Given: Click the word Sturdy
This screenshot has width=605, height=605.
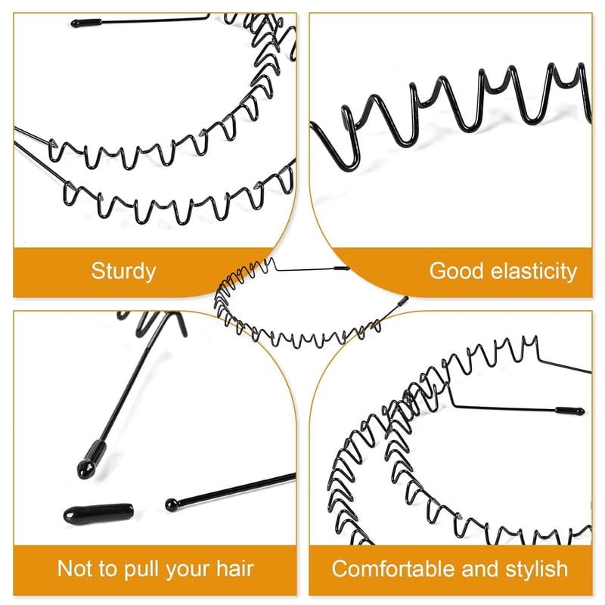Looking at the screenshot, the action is coord(123,271).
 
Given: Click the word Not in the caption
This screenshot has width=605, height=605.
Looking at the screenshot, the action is coord(74,569).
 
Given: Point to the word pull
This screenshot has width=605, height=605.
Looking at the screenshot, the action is coord(141,569).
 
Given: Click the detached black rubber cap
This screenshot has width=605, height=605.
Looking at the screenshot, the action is coord(99,513).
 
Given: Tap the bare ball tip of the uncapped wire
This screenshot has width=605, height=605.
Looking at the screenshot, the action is coord(172,504).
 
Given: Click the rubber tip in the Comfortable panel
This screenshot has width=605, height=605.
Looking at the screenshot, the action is coord(570,410).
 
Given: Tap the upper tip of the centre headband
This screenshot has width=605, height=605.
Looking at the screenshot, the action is coord(342,268).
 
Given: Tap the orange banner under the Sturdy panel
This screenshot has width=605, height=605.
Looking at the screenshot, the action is coord(116,272).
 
